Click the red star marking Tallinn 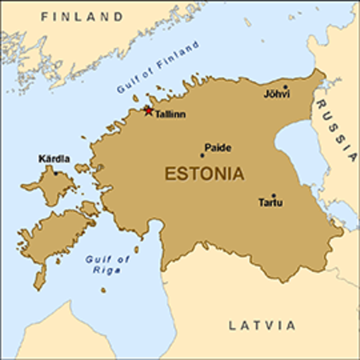point(148,110)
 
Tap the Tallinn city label point(170,114)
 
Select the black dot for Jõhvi point(286,87)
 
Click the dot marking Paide point(202,155)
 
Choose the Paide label point(217,148)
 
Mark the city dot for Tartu point(274,196)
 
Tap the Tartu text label point(271,203)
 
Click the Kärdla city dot point(56,173)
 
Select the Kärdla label point(54,159)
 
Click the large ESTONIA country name point(205,174)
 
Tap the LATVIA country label point(262,326)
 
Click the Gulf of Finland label point(158,67)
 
